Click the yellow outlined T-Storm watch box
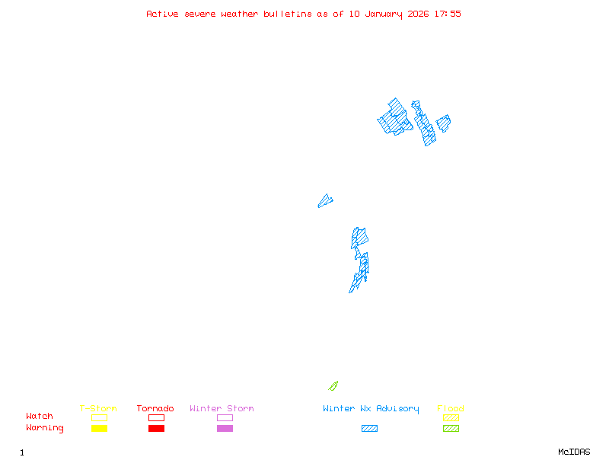(x=99, y=417)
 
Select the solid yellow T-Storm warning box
(x=99, y=429)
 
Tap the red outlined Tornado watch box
(x=156, y=417)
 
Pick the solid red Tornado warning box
(x=156, y=429)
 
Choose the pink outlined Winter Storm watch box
(x=225, y=417)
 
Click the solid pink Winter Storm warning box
(x=225, y=429)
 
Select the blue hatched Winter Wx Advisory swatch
(x=369, y=429)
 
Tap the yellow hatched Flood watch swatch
(x=451, y=417)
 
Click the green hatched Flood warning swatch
(x=451, y=429)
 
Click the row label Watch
(x=40, y=417)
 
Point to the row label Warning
(x=45, y=428)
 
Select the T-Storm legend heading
(x=98, y=408)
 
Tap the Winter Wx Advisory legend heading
(x=371, y=408)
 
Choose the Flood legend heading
(x=451, y=408)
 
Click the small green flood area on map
(x=333, y=386)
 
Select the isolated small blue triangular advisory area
(x=325, y=201)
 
